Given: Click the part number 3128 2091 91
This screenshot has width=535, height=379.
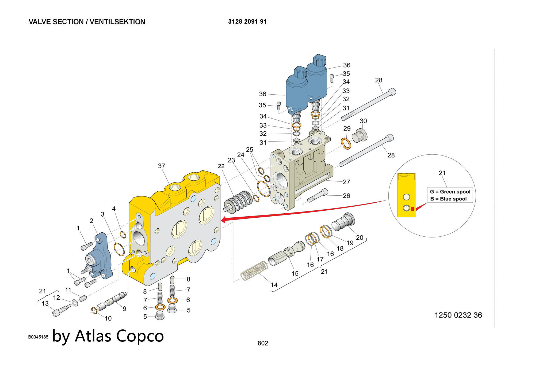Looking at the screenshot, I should pyautogui.click(x=247, y=22).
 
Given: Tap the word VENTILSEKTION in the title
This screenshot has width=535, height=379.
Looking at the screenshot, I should pyautogui.click(x=117, y=22).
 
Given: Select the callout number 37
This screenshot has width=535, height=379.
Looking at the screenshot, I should pyautogui.click(x=162, y=166).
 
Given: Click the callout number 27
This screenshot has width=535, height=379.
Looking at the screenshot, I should pyautogui.click(x=346, y=182).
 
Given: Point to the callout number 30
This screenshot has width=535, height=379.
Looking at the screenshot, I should pyautogui.click(x=363, y=121).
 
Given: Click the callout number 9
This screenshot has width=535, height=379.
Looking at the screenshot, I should pyautogui.click(x=124, y=309).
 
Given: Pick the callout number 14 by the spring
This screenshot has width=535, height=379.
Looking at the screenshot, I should pyautogui.click(x=274, y=285).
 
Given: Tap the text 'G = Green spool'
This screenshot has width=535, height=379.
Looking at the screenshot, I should pyautogui.click(x=450, y=192).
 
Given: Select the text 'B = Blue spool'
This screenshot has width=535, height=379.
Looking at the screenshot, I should pyautogui.click(x=448, y=199).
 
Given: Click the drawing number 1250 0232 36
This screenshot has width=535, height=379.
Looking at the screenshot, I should pyautogui.click(x=458, y=315).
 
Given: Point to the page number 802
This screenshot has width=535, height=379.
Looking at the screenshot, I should pyautogui.click(x=263, y=343).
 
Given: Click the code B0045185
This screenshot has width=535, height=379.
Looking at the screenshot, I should pyautogui.click(x=38, y=337).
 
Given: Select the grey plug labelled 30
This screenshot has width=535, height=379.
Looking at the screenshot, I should pyautogui.click(x=359, y=135).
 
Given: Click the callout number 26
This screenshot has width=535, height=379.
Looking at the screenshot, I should pyautogui.click(x=346, y=196).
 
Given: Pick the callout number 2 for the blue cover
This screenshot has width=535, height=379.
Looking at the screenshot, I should pyautogui.click(x=91, y=221).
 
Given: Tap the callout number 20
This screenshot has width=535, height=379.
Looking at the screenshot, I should pyautogui.click(x=360, y=237).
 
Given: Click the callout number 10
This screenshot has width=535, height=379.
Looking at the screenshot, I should pyautogui.click(x=108, y=318).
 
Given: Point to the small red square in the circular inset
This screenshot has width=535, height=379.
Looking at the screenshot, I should pyautogui.click(x=412, y=209).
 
